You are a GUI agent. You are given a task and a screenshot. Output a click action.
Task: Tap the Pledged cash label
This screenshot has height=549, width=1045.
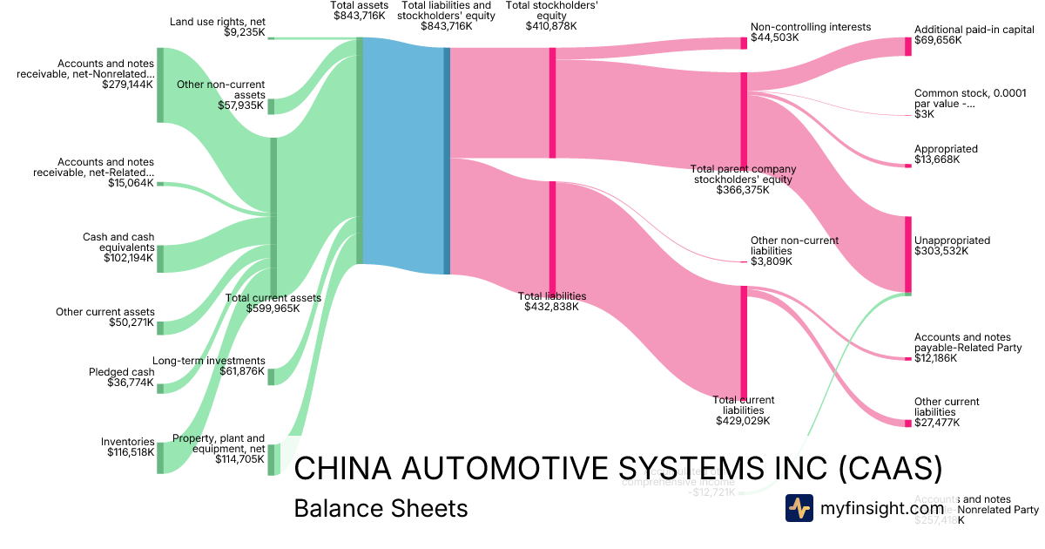coord(122,372)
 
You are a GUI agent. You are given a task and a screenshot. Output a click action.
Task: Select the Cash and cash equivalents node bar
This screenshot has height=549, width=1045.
coord(160,258)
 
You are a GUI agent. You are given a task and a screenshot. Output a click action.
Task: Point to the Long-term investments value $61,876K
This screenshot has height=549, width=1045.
coord(242,371)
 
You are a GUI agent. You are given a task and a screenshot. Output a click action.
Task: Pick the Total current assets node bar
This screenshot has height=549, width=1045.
coord(273,217)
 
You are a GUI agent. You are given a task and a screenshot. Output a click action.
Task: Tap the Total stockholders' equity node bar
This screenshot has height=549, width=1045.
coord(552,103)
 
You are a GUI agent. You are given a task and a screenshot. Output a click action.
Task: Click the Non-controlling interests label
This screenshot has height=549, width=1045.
coord(811,27)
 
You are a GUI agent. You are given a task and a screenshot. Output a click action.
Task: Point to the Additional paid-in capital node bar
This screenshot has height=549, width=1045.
coord(907,46)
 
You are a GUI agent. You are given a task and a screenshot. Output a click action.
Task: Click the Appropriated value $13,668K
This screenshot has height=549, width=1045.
coord(937,159)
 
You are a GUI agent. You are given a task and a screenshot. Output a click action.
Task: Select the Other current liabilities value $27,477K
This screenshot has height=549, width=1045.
coord(937,423)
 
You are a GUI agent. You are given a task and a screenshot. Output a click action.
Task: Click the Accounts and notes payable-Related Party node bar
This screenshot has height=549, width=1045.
coord(907,358)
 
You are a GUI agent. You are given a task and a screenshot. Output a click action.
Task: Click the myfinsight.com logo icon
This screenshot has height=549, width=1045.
coord(799,508)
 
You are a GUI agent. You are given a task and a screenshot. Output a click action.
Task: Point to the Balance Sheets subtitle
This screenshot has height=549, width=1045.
coord(381,508)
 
